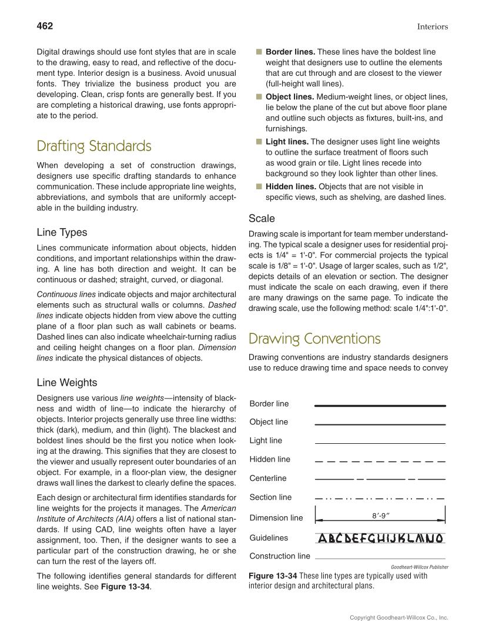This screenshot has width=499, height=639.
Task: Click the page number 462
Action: [45, 26]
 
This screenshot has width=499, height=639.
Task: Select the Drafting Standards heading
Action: [94, 146]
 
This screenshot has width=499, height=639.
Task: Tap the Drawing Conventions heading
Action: [314, 339]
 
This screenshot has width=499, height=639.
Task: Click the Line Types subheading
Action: [62, 232]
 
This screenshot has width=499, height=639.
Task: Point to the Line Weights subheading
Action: [67, 383]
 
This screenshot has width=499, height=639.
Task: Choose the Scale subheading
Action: [262, 219]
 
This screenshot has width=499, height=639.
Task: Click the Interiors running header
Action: [433, 26]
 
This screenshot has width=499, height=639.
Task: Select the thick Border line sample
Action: [380, 406]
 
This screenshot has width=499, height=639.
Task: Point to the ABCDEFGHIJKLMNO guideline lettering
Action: [380, 538]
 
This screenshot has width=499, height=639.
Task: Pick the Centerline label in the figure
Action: [268, 478]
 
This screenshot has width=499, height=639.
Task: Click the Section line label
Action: [270, 497]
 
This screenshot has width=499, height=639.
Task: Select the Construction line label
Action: [280, 556]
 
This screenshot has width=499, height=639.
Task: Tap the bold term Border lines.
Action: [290, 52]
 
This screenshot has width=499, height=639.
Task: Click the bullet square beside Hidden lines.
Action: [259, 186]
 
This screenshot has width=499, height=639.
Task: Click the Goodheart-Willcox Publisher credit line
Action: [420, 567]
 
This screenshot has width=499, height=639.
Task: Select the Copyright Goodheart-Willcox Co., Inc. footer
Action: [398, 617]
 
